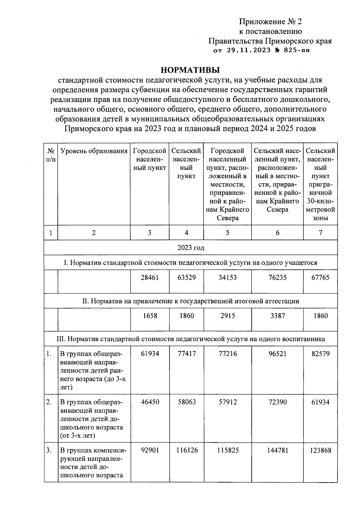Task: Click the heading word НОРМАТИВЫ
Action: pyautogui.click(x=190, y=70)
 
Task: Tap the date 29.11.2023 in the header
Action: pyautogui.click(x=249, y=50)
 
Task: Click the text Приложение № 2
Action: pyautogui.click(x=270, y=22)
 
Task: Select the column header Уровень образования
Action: pyautogui.click(x=94, y=151)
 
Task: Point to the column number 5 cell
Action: pyautogui.click(x=227, y=233)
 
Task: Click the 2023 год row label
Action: pyautogui.click(x=190, y=248)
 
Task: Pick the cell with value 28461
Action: pyautogui.click(x=150, y=277)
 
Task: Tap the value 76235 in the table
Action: pyautogui.click(x=277, y=277)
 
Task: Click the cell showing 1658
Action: pyautogui.click(x=150, y=316)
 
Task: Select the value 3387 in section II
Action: pyautogui.click(x=277, y=316)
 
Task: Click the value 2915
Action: pyautogui.click(x=227, y=316)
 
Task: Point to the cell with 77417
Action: pyautogui.click(x=187, y=354)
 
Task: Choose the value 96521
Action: pyautogui.click(x=277, y=354)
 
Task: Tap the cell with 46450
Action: pyautogui.click(x=150, y=402)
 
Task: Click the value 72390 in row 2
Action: pyautogui.click(x=277, y=402)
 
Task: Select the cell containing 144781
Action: pyautogui.click(x=277, y=450)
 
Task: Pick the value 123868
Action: pyautogui.click(x=320, y=450)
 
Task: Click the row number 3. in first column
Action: pyautogui.click(x=49, y=450)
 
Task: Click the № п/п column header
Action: pyautogui.click(x=51, y=155)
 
